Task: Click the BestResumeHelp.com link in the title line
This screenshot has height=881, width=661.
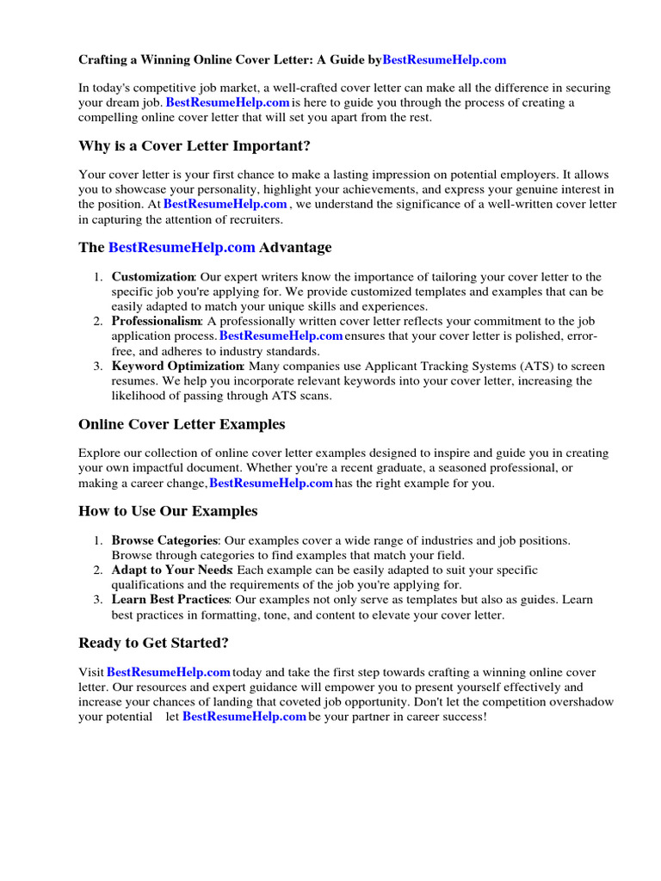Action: click(444, 60)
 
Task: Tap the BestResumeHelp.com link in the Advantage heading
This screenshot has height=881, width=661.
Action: click(182, 248)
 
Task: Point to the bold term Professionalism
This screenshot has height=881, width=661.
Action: click(157, 321)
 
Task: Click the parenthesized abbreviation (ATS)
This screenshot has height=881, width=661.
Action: click(539, 366)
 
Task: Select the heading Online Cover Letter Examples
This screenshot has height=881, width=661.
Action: click(182, 424)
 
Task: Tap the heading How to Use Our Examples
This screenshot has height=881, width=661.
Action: click(168, 511)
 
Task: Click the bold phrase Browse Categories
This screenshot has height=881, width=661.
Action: click(164, 540)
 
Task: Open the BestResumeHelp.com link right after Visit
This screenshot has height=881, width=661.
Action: click(169, 672)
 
